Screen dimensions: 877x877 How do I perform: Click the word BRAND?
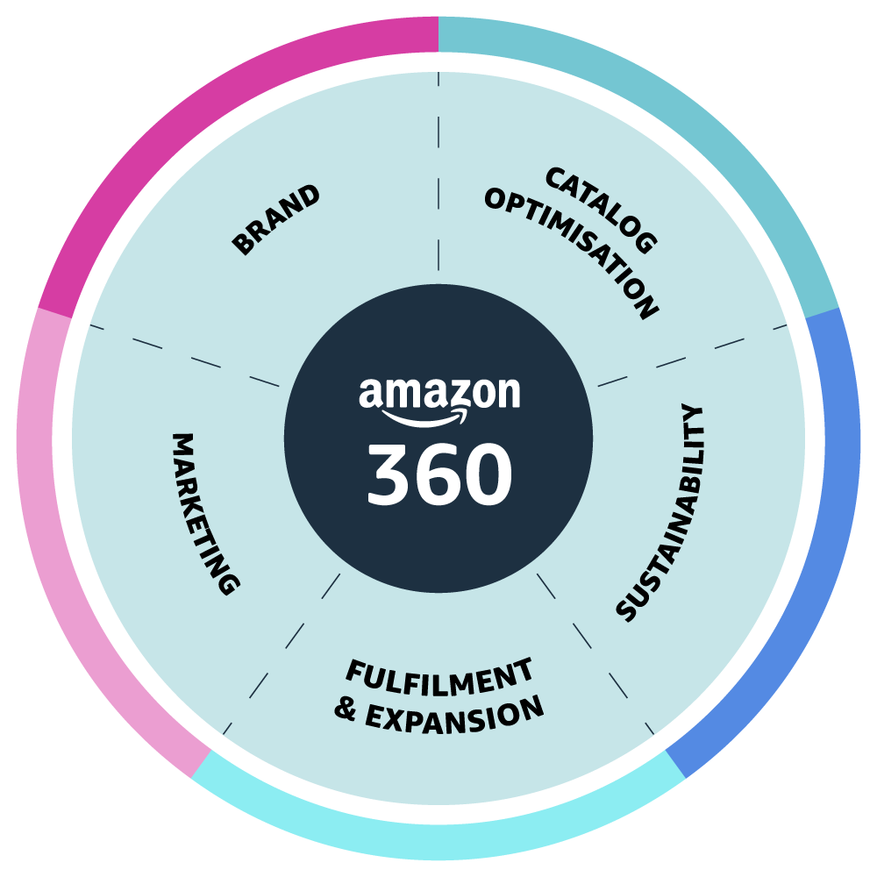(276, 220)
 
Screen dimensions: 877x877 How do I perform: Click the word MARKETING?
(204, 513)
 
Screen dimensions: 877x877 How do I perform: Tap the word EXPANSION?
(455, 715)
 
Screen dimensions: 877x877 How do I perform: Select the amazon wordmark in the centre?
(438, 394)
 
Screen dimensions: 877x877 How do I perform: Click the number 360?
(438, 474)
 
